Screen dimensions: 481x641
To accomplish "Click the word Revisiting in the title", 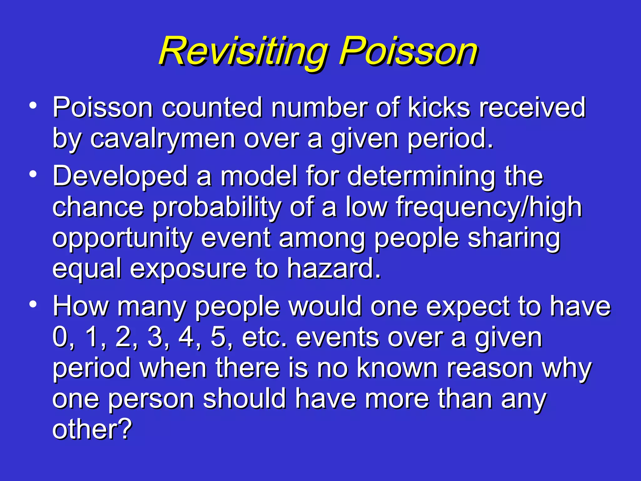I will click(x=243, y=52).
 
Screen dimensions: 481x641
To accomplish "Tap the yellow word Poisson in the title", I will click(x=408, y=52).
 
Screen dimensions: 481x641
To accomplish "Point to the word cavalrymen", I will click(x=163, y=139).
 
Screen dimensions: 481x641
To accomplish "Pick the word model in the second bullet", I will click(x=259, y=176).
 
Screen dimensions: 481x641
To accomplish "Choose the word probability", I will click(x=217, y=208).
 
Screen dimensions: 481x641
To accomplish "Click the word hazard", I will click(x=334, y=269).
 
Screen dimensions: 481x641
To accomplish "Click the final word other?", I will click(x=92, y=430).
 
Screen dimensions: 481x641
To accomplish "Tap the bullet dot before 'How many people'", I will click(x=33, y=304).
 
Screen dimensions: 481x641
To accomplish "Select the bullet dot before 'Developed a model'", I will click(x=33, y=174).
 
